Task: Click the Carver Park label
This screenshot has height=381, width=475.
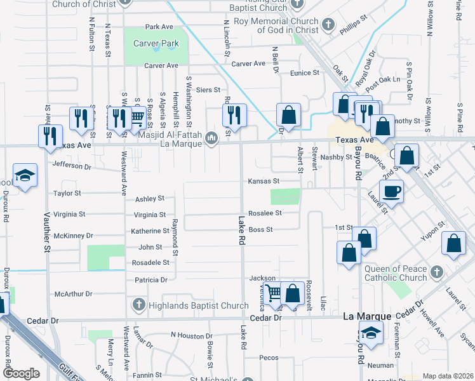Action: coord(156,43)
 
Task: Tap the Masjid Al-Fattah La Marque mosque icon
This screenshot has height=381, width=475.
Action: coord(212,137)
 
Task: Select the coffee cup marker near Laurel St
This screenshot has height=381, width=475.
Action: coord(391,191)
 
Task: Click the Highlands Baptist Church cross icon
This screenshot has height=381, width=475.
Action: coord(138,305)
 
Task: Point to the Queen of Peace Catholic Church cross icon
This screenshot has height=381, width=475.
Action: coord(436,272)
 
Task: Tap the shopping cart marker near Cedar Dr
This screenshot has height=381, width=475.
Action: coord(273,293)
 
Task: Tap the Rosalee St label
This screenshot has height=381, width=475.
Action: coord(265,213)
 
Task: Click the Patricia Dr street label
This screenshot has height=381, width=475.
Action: coord(151,279)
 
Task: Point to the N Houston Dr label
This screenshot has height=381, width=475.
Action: coord(191,335)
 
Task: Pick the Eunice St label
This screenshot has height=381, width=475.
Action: coord(305,73)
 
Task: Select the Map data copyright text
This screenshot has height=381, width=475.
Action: coord(447,376)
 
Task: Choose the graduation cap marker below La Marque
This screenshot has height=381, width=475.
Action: coord(371,333)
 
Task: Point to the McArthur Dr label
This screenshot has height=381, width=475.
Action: coord(74,294)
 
